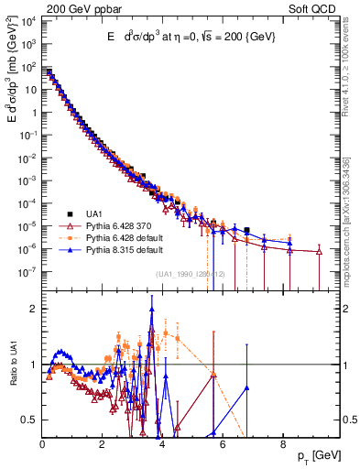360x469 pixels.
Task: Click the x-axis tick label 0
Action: coord(42,443)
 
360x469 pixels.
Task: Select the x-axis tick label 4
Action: coord(162,443)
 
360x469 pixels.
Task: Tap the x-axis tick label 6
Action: coord(223,443)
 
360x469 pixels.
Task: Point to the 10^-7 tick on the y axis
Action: coord(27,271)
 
